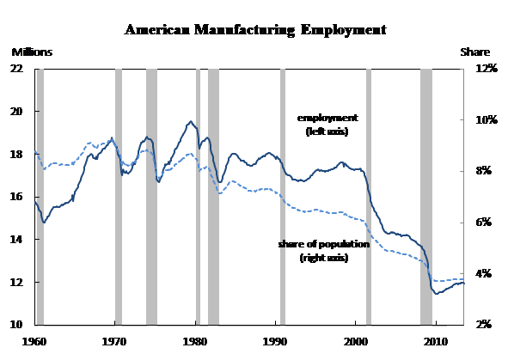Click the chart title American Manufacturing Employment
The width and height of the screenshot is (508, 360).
(x=255, y=30)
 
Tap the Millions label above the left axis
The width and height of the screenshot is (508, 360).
(x=32, y=52)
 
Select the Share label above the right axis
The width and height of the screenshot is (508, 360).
(x=475, y=52)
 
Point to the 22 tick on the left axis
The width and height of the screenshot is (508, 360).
(x=17, y=69)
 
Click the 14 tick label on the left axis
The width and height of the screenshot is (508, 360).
(x=17, y=240)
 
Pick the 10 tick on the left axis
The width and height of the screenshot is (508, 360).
(x=17, y=325)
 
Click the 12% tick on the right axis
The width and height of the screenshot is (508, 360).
(x=487, y=69)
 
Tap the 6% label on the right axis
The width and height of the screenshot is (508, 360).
(x=484, y=223)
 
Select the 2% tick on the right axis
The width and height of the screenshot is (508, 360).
(x=484, y=325)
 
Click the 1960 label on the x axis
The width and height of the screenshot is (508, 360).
(x=34, y=342)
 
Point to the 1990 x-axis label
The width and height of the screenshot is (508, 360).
(x=275, y=342)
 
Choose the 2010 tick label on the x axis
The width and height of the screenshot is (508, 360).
(x=436, y=342)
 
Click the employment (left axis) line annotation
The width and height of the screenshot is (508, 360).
(x=327, y=125)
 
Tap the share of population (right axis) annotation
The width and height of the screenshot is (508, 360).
(x=324, y=251)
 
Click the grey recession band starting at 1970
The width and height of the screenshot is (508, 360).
(x=119, y=197)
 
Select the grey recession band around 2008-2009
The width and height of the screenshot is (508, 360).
(x=426, y=197)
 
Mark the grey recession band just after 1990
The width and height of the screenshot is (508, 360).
(x=283, y=197)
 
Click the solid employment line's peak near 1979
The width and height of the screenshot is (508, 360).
(x=191, y=121)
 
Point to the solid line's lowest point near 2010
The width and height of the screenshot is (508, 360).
(x=437, y=294)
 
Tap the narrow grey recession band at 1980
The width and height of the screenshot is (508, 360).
(x=198, y=197)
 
